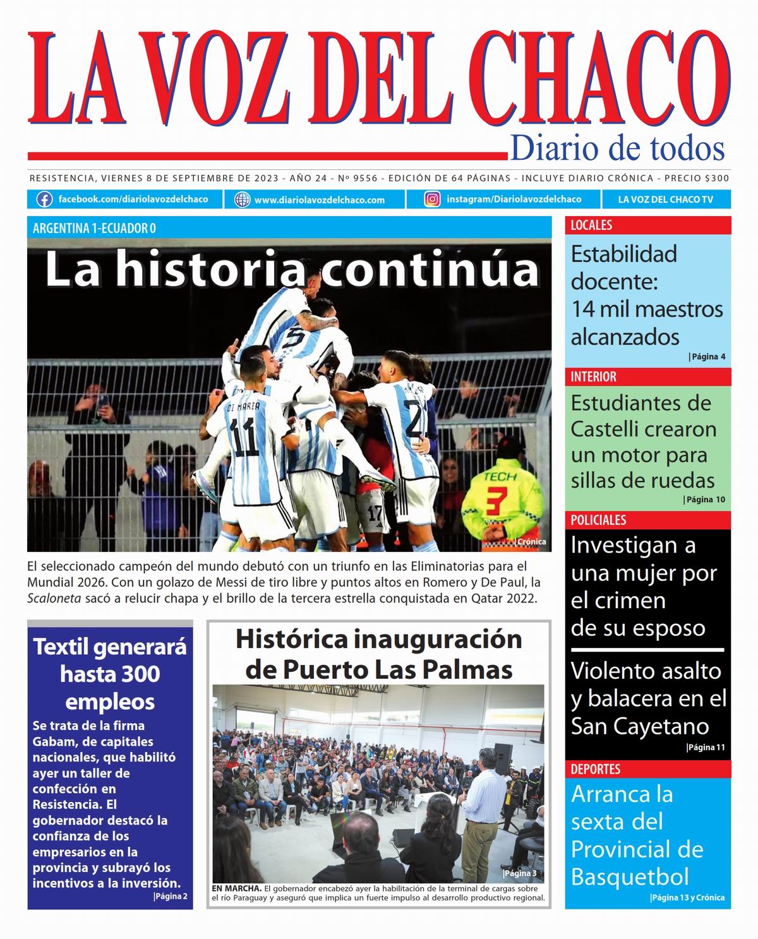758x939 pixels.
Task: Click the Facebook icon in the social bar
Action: click(x=44, y=200)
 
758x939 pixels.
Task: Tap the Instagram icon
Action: click(x=432, y=200)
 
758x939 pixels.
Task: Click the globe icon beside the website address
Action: click(x=242, y=200)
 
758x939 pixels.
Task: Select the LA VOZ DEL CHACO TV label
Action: click(x=665, y=200)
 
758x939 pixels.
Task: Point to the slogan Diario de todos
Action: click(x=617, y=148)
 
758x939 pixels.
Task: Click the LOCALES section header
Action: click(x=591, y=225)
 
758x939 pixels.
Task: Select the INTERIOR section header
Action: click(x=593, y=377)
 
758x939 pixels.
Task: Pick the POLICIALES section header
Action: click(x=598, y=520)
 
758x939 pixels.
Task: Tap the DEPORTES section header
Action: click(x=595, y=769)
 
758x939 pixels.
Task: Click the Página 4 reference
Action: click(x=707, y=357)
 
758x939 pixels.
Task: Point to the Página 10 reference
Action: click(x=704, y=500)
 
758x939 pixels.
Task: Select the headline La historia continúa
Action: click(x=291, y=270)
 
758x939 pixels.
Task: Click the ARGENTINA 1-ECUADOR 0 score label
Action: click(x=94, y=228)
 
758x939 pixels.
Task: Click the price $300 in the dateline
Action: click(x=716, y=179)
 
